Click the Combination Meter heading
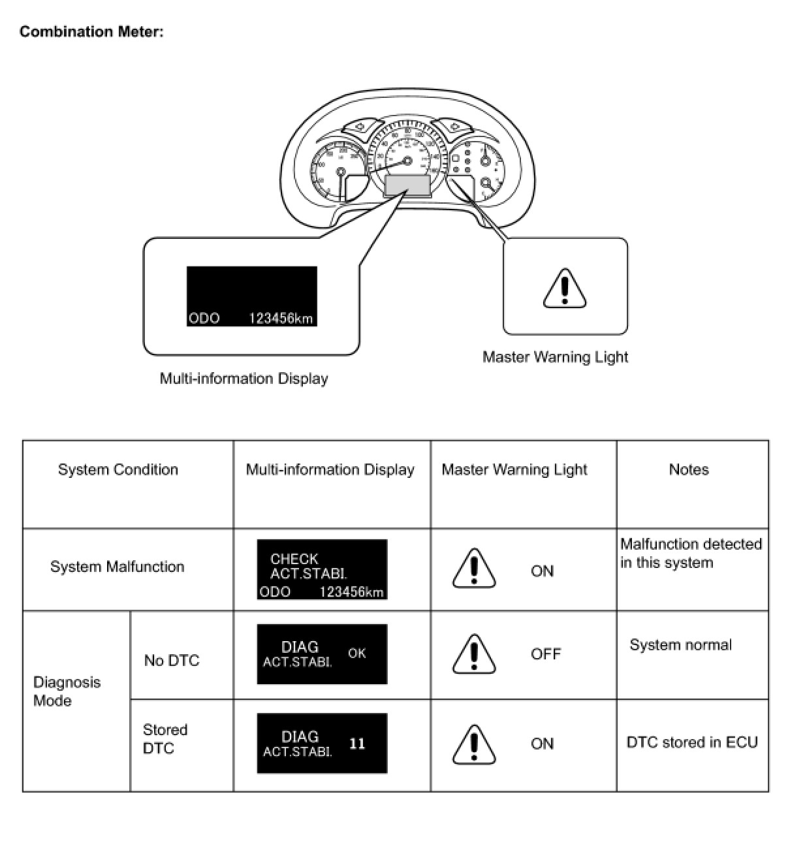[x=91, y=31]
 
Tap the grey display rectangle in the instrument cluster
[x=407, y=185]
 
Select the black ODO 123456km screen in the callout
[x=251, y=296]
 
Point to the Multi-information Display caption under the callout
[x=244, y=379]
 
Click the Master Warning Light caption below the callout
[x=555, y=357]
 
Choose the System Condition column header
[x=118, y=469]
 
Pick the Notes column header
[x=689, y=469]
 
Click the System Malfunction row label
[x=118, y=567]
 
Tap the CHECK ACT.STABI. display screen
[x=322, y=569]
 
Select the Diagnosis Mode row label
[x=67, y=691]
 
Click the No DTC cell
[x=171, y=661]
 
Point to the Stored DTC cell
[x=165, y=739]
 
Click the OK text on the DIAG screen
[x=356, y=653]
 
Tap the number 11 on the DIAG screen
[x=357, y=744]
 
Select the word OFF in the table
[x=545, y=654]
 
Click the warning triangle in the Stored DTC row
[x=474, y=744]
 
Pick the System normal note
[x=680, y=645]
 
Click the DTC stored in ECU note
[x=692, y=742]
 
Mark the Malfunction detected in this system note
[x=691, y=553]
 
